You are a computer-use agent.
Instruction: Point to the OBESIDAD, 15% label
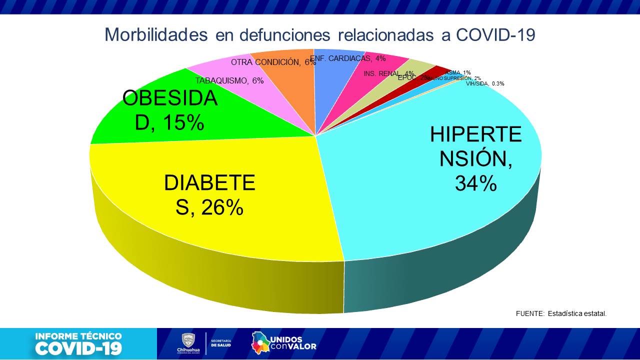click(170, 110)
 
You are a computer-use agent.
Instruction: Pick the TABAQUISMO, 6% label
click(229, 80)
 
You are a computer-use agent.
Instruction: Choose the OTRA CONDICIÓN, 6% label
click(273, 62)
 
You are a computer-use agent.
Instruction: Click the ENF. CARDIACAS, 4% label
click(348, 58)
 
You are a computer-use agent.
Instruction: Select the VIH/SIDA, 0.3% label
click(485, 83)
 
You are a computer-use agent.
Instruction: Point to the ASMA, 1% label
click(457, 72)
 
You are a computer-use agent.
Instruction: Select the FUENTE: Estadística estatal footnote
click(561, 313)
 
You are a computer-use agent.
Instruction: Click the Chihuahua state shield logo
click(187, 340)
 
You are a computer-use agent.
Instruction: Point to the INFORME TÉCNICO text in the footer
click(78, 336)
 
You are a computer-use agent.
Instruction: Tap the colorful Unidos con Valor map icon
click(260, 342)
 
